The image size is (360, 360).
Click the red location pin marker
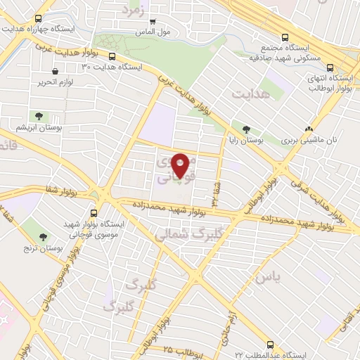181,165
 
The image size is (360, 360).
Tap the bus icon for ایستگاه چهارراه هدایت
37,19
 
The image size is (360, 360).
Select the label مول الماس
155,32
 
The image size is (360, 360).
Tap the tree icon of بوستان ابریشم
37,117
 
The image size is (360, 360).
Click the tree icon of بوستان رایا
245,129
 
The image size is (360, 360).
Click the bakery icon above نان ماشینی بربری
309,129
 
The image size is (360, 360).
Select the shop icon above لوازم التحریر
55,71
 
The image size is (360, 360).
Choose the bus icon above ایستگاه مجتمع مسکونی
284,38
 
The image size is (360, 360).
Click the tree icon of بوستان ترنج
44,237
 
